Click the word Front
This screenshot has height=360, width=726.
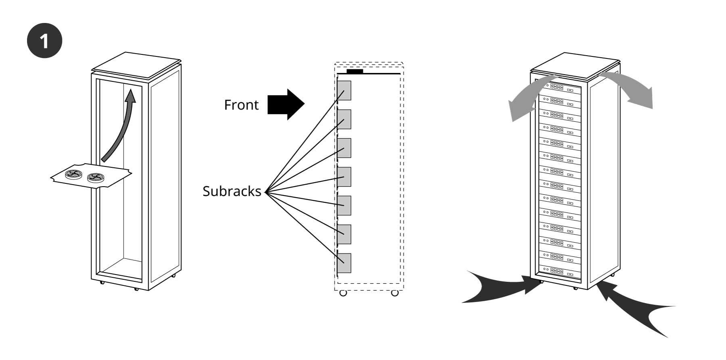tap(241, 105)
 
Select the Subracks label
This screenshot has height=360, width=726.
tap(232, 191)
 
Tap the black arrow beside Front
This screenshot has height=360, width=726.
tap(286, 104)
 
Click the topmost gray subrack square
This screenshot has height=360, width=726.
tap(344, 90)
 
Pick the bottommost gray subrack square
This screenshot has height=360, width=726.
tap(344, 263)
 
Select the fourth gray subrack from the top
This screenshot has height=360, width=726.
tap(344, 177)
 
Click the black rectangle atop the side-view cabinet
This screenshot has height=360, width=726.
tap(355, 71)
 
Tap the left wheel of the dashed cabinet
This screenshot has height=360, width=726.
tap(343, 293)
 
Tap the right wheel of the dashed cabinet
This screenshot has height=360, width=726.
tap(395, 293)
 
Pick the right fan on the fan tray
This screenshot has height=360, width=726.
tap(96, 178)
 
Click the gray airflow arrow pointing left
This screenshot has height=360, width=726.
tap(528, 97)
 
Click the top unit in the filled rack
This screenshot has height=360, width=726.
tap(560, 88)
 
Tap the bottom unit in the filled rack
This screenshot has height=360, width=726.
tap(560, 271)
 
